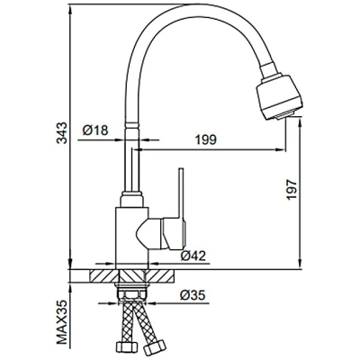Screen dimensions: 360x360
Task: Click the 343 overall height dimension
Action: [x=62, y=133]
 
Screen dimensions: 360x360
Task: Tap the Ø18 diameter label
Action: [x=95, y=130]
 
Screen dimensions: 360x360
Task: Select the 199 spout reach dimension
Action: [x=206, y=139]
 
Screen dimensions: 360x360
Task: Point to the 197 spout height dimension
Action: [x=291, y=190]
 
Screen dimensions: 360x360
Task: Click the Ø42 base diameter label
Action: [x=193, y=256]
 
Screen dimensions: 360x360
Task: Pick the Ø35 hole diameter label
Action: [x=193, y=295]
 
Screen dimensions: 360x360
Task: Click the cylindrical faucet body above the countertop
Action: [x=132, y=238]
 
